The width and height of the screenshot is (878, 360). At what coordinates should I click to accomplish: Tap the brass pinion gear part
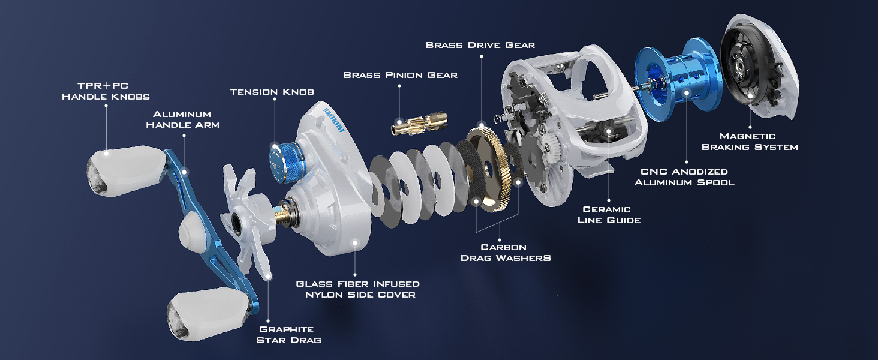click(x=419, y=124)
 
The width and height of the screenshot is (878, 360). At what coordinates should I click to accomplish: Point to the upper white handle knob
click(x=126, y=170)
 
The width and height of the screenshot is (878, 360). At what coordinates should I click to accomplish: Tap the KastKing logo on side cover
click(x=333, y=119)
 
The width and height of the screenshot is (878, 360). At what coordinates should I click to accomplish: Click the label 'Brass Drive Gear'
click(x=480, y=45)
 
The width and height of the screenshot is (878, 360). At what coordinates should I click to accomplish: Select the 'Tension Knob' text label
click(x=272, y=92)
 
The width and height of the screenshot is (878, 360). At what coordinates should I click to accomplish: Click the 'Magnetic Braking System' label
click(x=750, y=142)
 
